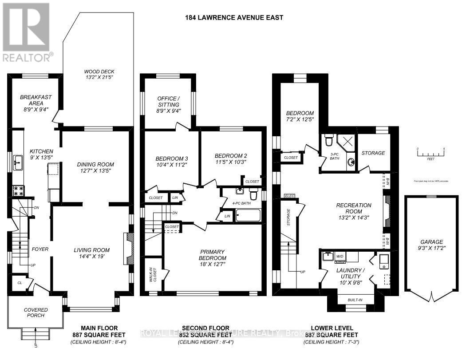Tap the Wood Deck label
coord(98,75)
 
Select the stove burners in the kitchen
coord(18,191)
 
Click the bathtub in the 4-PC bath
coord(249,216)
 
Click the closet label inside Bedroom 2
coord(252,182)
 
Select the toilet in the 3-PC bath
coord(329,140)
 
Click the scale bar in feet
coord(430,154)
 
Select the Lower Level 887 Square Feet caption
coord(331,335)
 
